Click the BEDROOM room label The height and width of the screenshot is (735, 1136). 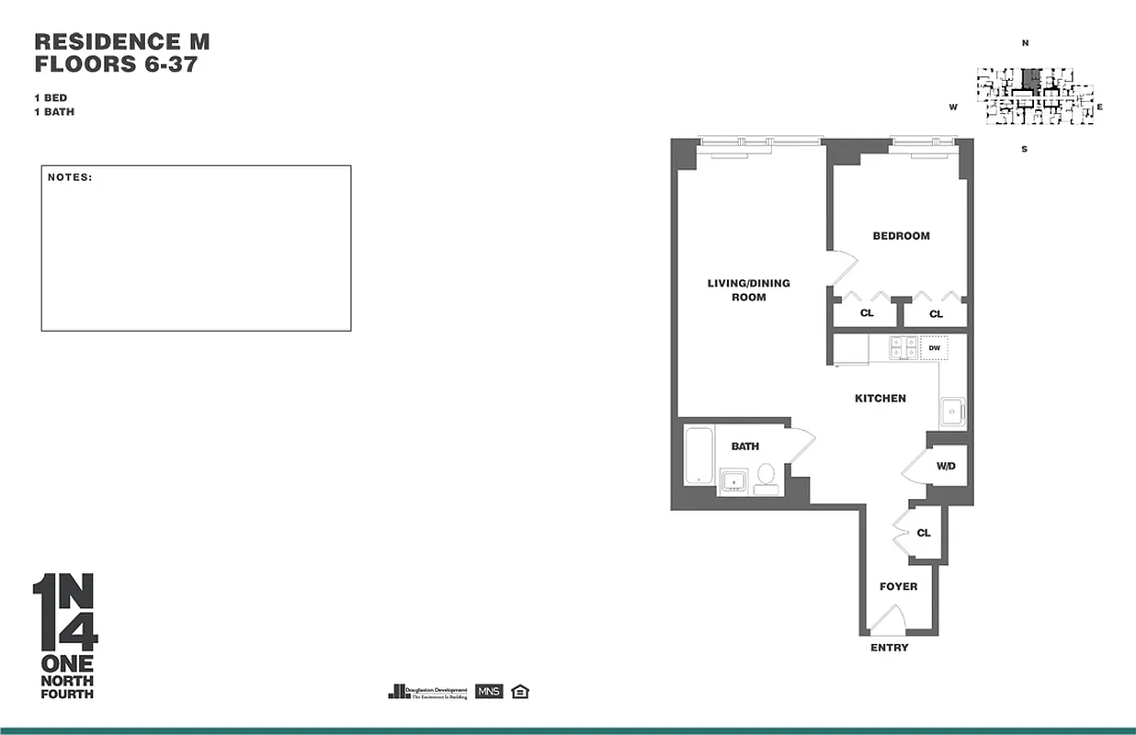coord(901,236)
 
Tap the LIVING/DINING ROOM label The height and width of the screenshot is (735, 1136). coord(748,290)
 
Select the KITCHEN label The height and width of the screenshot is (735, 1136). coord(880,399)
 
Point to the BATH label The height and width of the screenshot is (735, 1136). coord(744,447)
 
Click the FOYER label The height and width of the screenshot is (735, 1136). coord(898,586)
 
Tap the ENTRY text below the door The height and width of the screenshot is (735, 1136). coord(889,648)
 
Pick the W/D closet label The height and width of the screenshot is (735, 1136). coord(946,467)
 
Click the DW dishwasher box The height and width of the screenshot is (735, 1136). coord(934,348)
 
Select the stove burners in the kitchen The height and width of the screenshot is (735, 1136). coord(903,348)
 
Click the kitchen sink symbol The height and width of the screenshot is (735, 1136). coord(951,411)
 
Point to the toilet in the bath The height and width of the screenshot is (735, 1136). coord(766,478)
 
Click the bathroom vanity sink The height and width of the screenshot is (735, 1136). coord(733,480)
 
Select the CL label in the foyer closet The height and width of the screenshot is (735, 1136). coord(923,533)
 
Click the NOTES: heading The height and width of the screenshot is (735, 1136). coord(70,176)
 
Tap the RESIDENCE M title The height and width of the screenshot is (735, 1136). coord(121,41)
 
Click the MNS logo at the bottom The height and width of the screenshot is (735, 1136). coord(489,692)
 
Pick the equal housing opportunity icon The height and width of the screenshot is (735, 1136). coord(520,692)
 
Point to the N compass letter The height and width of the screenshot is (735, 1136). coord(1024,43)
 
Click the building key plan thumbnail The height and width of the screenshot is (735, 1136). coord(1034,95)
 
